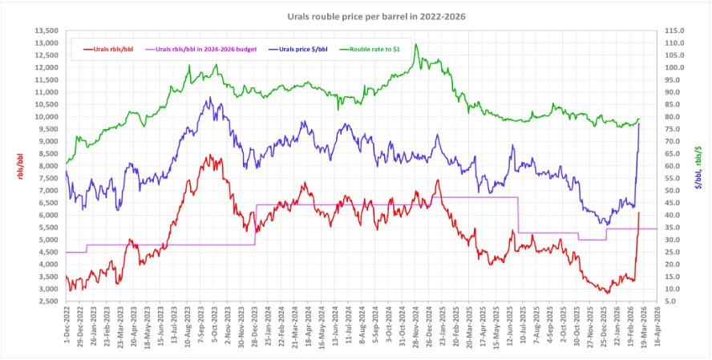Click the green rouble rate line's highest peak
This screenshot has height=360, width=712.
416,45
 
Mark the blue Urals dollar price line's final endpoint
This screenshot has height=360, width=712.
639,123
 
